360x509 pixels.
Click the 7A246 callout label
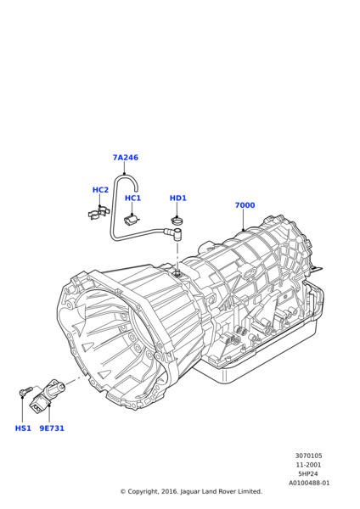click(126, 158)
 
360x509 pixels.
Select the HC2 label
click(100, 190)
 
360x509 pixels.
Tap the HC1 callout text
click(133, 198)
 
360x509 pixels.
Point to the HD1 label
click(178, 198)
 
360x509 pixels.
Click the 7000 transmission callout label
click(245, 205)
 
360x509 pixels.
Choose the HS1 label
click(23, 428)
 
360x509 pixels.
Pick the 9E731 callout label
click(52, 428)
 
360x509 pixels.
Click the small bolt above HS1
click(25, 390)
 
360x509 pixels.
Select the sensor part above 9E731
click(46, 395)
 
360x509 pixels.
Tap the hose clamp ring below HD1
click(177, 221)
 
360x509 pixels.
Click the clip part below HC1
click(132, 220)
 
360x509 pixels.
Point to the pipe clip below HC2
click(98, 212)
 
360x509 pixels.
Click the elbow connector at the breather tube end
click(174, 233)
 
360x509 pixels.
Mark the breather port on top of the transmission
click(177, 272)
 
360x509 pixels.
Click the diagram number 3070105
click(309, 456)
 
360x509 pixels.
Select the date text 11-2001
click(309, 465)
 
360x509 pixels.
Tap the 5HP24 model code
click(308, 474)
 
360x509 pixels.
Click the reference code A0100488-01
click(309, 483)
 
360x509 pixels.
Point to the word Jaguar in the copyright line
click(190, 492)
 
